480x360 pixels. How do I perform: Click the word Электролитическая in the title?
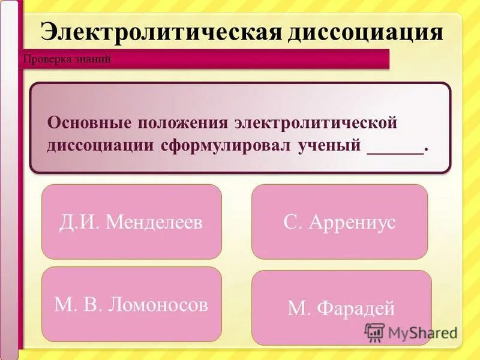(x=162, y=32)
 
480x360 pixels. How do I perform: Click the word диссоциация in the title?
(x=365, y=32)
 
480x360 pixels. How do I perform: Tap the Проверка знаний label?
(x=67, y=59)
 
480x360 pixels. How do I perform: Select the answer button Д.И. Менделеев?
(x=131, y=222)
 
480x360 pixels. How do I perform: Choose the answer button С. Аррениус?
(x=340, y=222)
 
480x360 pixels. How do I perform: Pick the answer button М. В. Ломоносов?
(x=131, y=305)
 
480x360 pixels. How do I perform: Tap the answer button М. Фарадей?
(x=341, y=308)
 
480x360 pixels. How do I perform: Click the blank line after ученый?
(x=395, y=147)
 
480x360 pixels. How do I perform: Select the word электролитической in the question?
(x=316, y=122)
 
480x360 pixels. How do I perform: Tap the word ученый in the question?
(x=329, y=146)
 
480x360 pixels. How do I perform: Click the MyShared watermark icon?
(x=374, y=332)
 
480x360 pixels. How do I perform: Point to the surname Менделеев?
(x=154, y=222)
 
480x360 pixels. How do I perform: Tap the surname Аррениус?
(x=352, y=222)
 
